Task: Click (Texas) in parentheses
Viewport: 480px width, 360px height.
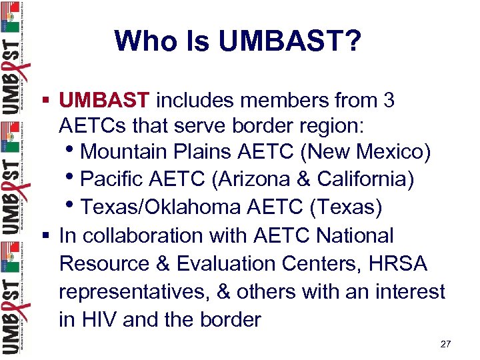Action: [x=345, y=208]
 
